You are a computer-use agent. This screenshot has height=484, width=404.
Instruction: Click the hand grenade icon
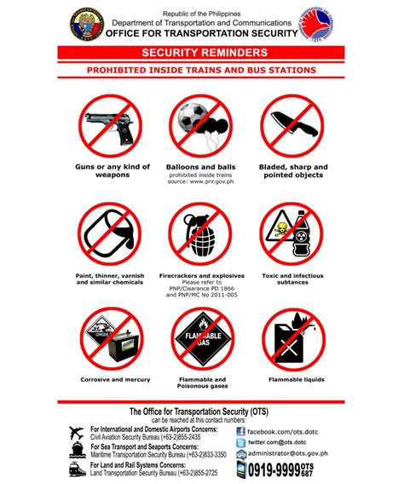pos(201,233)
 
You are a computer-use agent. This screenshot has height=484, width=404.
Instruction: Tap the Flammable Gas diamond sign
pos(201,335)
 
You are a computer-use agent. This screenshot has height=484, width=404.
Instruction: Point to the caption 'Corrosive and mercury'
pos(109,379)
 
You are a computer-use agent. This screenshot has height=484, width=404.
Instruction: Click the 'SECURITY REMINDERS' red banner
pos(202,53)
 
